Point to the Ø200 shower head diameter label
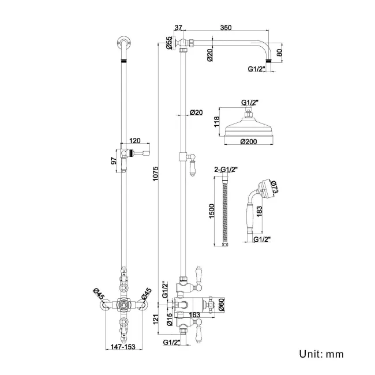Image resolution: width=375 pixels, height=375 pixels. click(248, 141)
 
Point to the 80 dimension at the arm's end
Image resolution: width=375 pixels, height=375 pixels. click(280, 52)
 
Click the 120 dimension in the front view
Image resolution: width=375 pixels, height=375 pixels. click(136, 140)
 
